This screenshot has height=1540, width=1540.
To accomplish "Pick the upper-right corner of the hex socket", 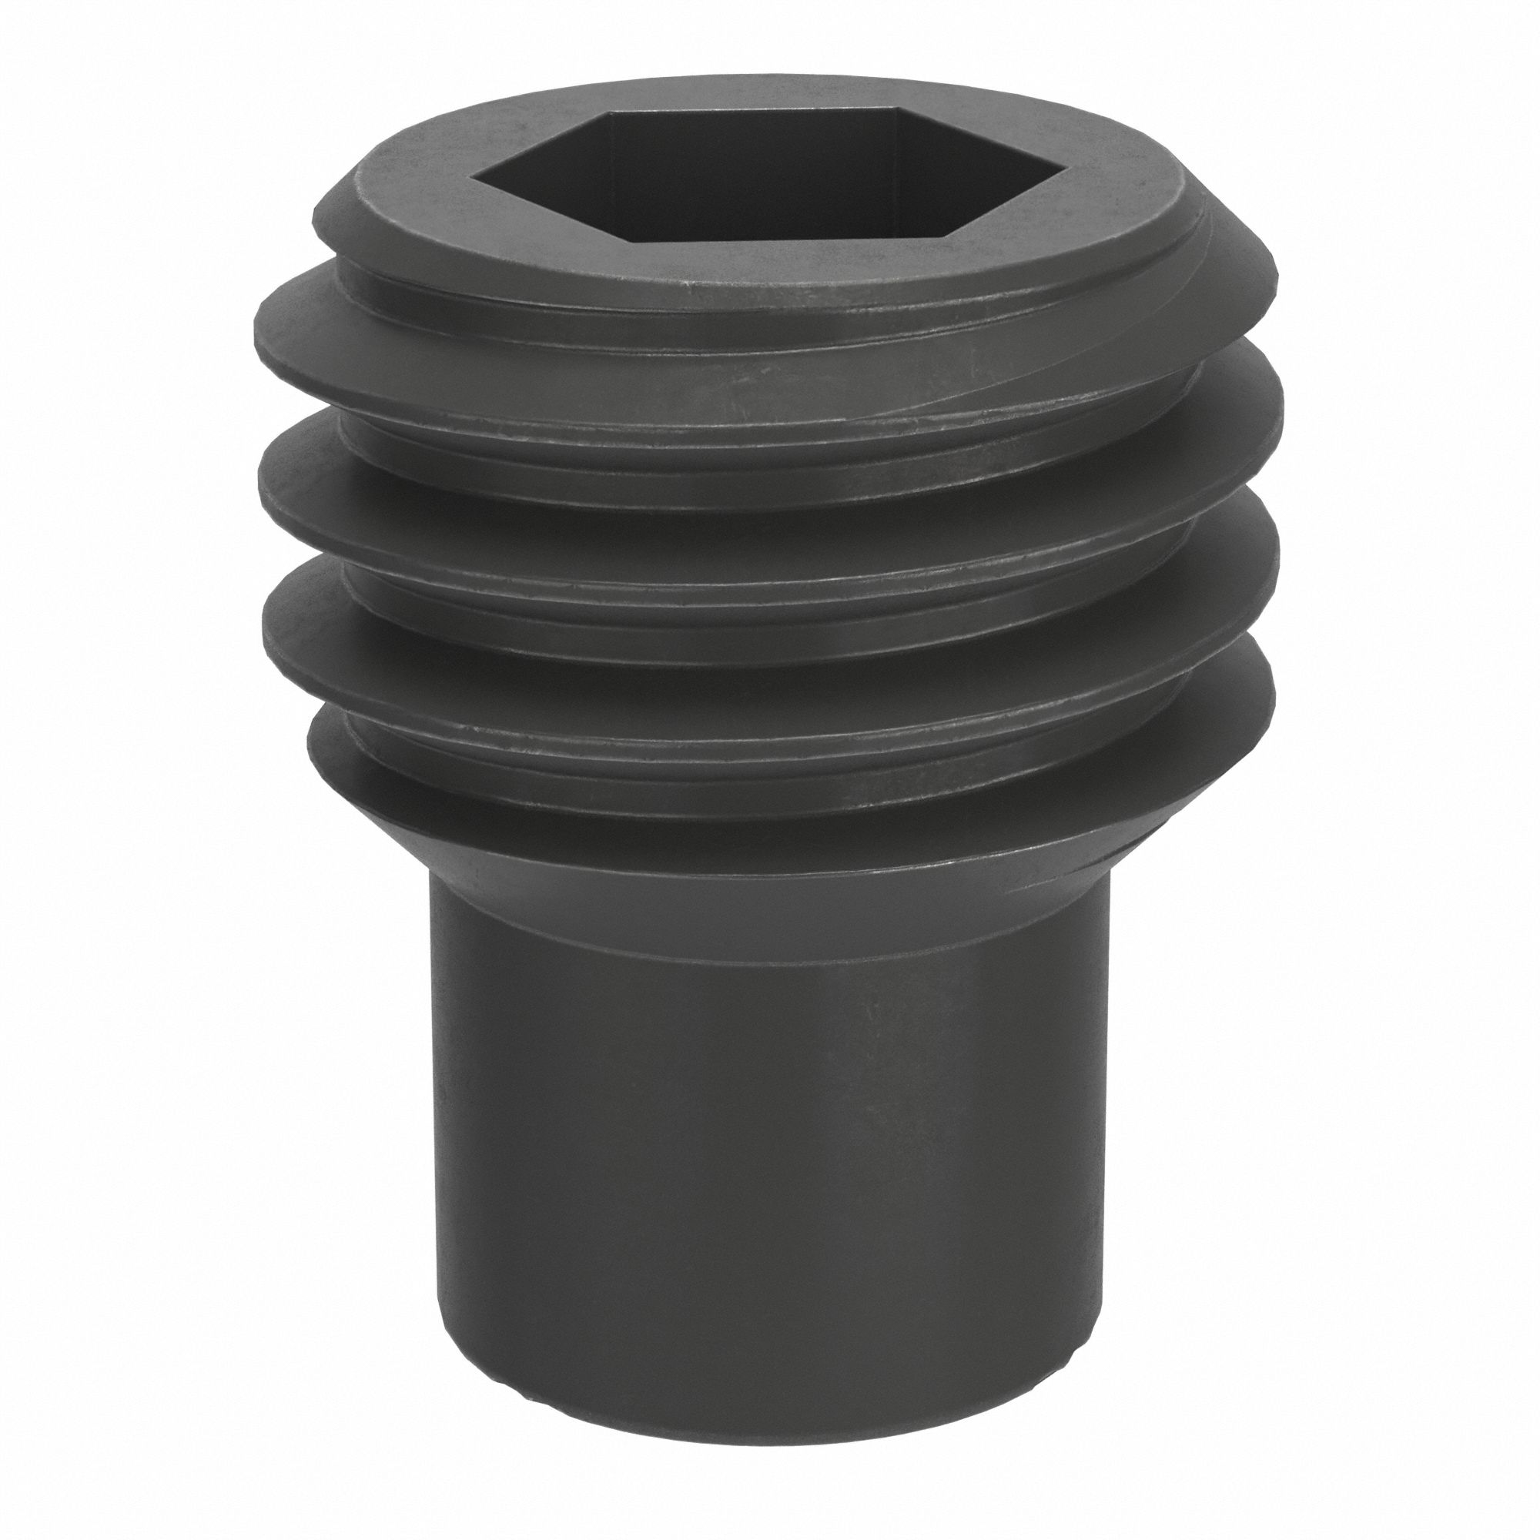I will tap(901, 111).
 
